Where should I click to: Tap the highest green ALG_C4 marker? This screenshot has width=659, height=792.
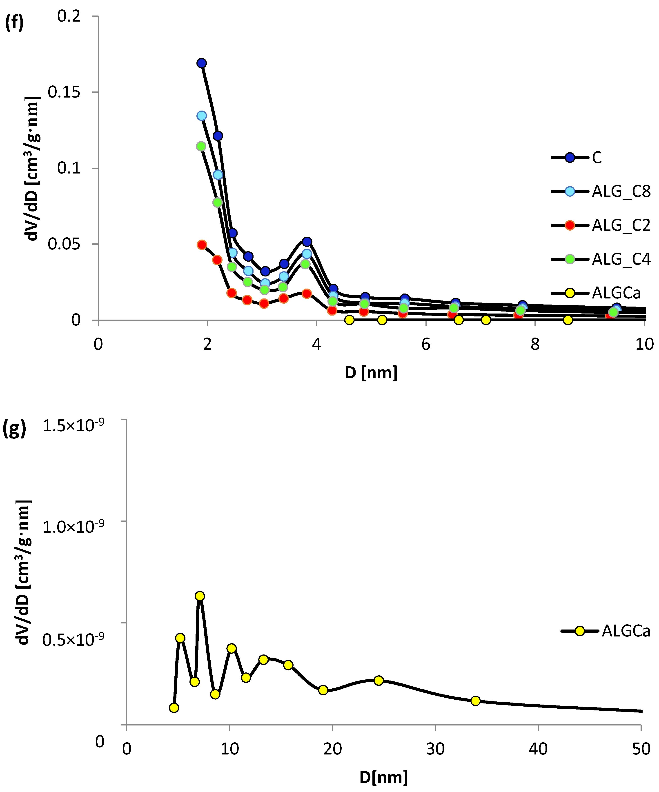[201, 146]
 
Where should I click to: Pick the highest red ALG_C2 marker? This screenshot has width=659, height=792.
[202, 245]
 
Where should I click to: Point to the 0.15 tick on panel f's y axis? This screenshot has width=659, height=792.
[64, 92]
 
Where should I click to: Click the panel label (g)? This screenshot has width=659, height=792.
[14, 429]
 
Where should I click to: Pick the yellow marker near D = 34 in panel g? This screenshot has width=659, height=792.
[475, 701]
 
